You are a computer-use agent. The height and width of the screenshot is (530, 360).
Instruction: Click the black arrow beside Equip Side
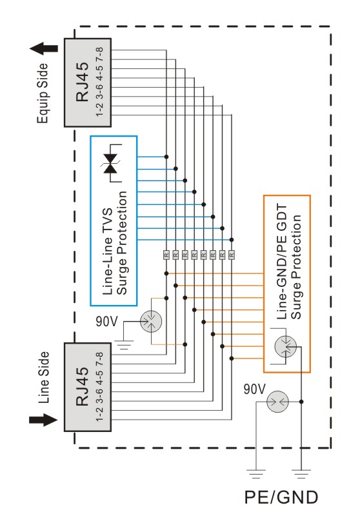click(44, 48)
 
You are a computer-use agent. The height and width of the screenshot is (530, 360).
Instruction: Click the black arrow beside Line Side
click(43, 420)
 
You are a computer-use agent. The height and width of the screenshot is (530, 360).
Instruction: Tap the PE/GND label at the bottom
click(281, 497)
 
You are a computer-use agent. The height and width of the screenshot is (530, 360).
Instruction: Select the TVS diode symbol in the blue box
click(111, 163)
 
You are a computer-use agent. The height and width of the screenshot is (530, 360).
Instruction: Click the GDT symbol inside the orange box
click(285, 346)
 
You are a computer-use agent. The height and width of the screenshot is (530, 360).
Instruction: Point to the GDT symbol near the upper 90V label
click(151, 321)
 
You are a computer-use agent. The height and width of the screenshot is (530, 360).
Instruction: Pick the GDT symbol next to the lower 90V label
click(278, 402)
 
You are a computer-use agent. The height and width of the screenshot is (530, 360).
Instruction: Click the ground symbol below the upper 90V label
click(124, 345)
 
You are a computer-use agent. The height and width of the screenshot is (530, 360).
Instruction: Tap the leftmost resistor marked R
click(166, 255)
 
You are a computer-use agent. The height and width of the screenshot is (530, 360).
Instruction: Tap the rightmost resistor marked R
click(232, 255)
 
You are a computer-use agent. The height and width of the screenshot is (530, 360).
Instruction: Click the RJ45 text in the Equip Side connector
click(82, 82)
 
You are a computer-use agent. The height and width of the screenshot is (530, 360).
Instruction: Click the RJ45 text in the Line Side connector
click(82, 386)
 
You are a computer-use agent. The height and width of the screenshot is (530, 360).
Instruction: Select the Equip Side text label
click(43, 93)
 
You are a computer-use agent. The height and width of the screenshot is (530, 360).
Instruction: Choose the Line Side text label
click(43, 377)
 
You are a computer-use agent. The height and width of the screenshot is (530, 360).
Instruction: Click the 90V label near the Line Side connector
click(106, 321)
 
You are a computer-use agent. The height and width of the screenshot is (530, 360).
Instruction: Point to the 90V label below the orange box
click(254, 389)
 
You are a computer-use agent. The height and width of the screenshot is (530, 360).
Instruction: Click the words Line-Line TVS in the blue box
click(107, 251)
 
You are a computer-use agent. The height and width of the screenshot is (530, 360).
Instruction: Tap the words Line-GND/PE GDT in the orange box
click(281, 262)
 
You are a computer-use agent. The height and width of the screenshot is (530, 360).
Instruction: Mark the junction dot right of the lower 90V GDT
click(301, 402)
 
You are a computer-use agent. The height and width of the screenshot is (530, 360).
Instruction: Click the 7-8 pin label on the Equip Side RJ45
click(99, 54)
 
